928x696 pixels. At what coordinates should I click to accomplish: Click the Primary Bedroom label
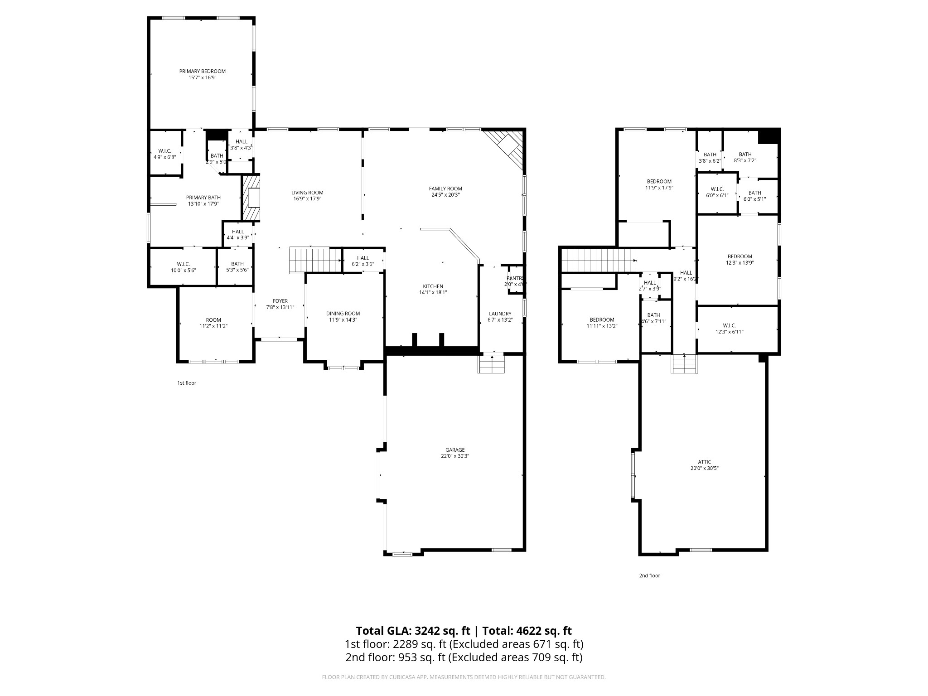tap(202, 71)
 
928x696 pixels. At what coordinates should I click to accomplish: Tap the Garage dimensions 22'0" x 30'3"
tap(454, 456)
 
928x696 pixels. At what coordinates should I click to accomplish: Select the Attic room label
tap(704, 462)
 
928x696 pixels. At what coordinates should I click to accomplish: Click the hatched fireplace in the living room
tap(251, 198)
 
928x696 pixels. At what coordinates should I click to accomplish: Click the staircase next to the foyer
tap(314, 260)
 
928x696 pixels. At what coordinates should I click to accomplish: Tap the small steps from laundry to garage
tap(491, 363)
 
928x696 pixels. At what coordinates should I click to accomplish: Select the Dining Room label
tap(343, 314)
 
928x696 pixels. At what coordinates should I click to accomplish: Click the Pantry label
tap(515, 278)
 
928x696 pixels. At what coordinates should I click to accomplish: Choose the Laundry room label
tap(500, 314)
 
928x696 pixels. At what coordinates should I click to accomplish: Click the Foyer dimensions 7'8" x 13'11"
tap(280, 307)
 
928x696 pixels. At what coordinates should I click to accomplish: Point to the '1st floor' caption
tap(186, 383)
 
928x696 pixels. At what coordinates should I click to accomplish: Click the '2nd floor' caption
tap(649, 575)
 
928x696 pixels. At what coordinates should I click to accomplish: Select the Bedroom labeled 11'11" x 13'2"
tap(602, 323)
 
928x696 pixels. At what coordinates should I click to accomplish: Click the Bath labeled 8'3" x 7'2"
tap(745, 157)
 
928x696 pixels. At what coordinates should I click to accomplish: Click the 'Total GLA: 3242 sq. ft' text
tap(412, 631)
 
